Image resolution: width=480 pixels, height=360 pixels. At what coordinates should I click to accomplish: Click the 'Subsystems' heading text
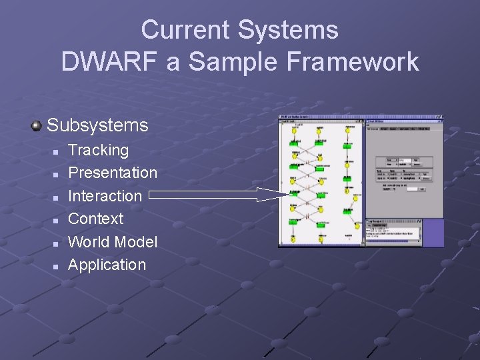pos(97,125)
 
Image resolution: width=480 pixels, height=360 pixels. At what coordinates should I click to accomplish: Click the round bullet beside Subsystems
pos(36,125)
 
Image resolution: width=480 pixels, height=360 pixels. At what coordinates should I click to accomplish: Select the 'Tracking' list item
pos(98,151)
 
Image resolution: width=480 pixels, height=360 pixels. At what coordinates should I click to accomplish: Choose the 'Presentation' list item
pos(113,173)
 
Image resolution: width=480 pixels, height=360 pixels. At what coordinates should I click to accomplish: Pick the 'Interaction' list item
pos(105,196)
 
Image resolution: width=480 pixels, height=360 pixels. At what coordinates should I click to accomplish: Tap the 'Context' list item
pos(95,219)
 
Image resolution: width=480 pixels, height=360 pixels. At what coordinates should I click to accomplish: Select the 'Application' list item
pos(107,265)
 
